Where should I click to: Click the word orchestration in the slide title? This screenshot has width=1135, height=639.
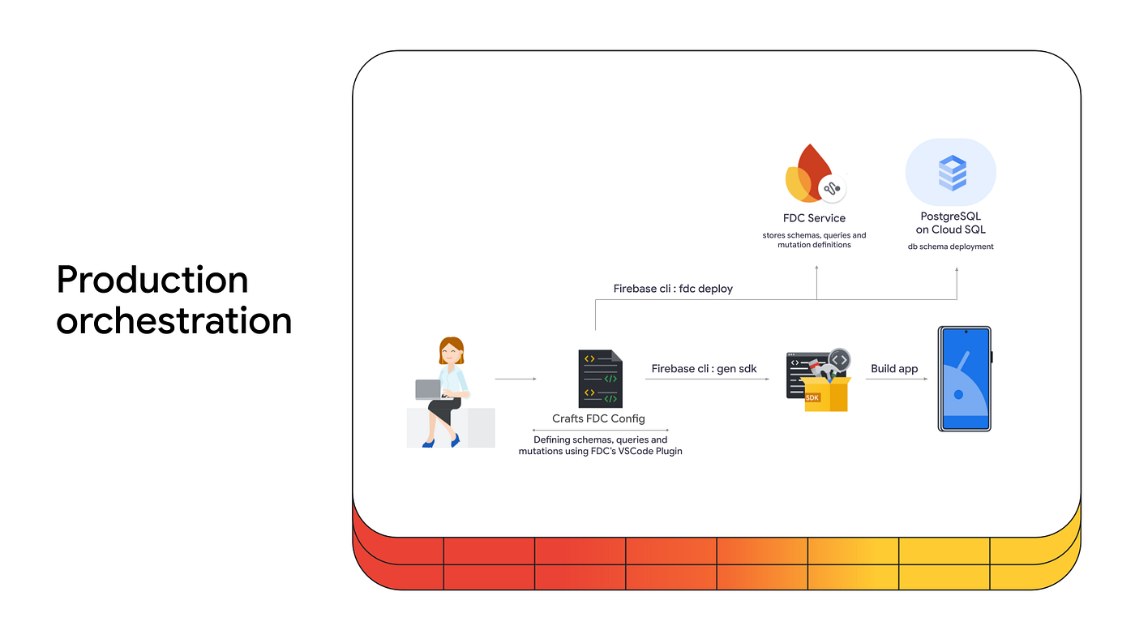pyautogui.click(x=173, y=320)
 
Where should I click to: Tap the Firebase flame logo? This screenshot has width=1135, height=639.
pyautogui.click(x=809, y=174)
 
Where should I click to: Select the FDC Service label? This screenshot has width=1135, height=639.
pyautogui.click(x=814, y=218)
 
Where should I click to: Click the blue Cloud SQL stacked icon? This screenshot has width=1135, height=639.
pyautogui.click(x=952, y=173)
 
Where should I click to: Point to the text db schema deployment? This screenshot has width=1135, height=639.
pyautogui.click(x=950, y=247)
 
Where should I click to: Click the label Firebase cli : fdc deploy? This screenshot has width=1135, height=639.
pyautogui.click(x=673, y=289)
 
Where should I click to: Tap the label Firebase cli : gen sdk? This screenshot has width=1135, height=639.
pyautogui.click(x=704, y=368)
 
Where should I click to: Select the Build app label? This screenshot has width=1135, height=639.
pyautogui.click(x=893, y=368)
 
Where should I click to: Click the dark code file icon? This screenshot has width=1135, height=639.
pyautogui.click(x=601, y=379)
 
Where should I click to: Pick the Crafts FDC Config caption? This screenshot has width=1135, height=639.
pyautogui.click(x=598, y=418)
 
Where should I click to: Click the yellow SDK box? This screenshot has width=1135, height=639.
pyautogui.click(x=827, y=394)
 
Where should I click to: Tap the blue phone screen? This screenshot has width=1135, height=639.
pyautogui.click(x=964, y=379)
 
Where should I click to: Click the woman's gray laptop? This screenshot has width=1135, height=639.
pyautogui.click(x=429, y=390)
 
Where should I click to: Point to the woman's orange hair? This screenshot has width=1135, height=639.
pyautogui.click(x=451, y=346)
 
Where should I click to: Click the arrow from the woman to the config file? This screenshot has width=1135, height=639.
pyautogui.click(x=516, y=379)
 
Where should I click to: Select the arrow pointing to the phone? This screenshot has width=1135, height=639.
pyautogui.click(x=897, y=379)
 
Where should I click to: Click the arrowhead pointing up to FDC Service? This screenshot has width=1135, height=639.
pyautogui.click(x=816, y=268)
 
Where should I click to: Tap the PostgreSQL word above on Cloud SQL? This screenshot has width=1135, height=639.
pyautogui.click(x=950, y=217)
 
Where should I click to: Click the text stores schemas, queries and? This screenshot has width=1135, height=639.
pyautogui.click(x=814, y=235)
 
